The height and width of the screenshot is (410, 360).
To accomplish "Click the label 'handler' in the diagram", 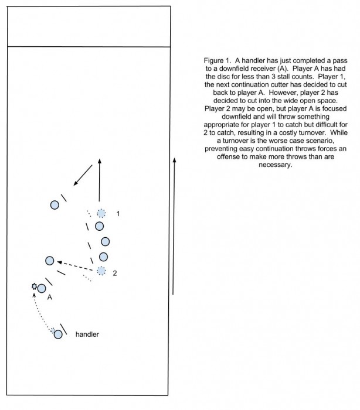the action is pyautogui.click(x=87, y=334).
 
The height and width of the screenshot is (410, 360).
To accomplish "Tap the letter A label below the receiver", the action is pyautogui.click(x=49, y=298).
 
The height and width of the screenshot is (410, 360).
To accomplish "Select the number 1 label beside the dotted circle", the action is pyautogui.click(x=118, y=214).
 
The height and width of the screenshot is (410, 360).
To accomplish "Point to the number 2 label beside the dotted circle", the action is pyautogui.click(x=115, y=273).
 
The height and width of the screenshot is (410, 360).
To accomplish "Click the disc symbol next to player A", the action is pyautogui.click(x=34, y=286).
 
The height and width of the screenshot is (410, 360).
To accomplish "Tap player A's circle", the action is pyautogui.click(x=42, y=289).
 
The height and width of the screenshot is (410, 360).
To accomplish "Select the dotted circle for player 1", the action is pyautogui.click(x=101, y=213).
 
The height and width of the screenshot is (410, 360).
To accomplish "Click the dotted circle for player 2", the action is pyautogui.click(x=101, y=271).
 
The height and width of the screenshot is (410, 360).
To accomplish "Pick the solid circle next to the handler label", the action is pyautogui.click(x=58, y=334).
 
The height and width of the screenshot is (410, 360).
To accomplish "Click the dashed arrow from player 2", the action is pyautogui.click(x=75, y=266).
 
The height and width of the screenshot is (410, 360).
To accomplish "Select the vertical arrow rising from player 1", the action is pyautogui.click(x=100, y=180).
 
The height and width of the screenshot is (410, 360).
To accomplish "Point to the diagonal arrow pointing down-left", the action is pyautogui.click(x=83, y=175).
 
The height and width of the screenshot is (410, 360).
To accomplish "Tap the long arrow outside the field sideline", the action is pyautogui.click(x=174, y=226).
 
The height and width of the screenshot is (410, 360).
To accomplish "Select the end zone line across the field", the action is pyautogui.click(x=89, y=47).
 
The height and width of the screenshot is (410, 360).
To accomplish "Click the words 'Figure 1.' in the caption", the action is pyautogui.click(x=218, y=60).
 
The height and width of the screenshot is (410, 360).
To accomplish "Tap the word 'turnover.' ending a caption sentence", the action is pyautogui.click(x=313, y=132).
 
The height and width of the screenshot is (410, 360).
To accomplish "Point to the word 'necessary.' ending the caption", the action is pyautogui.click(x=275, y=165).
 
